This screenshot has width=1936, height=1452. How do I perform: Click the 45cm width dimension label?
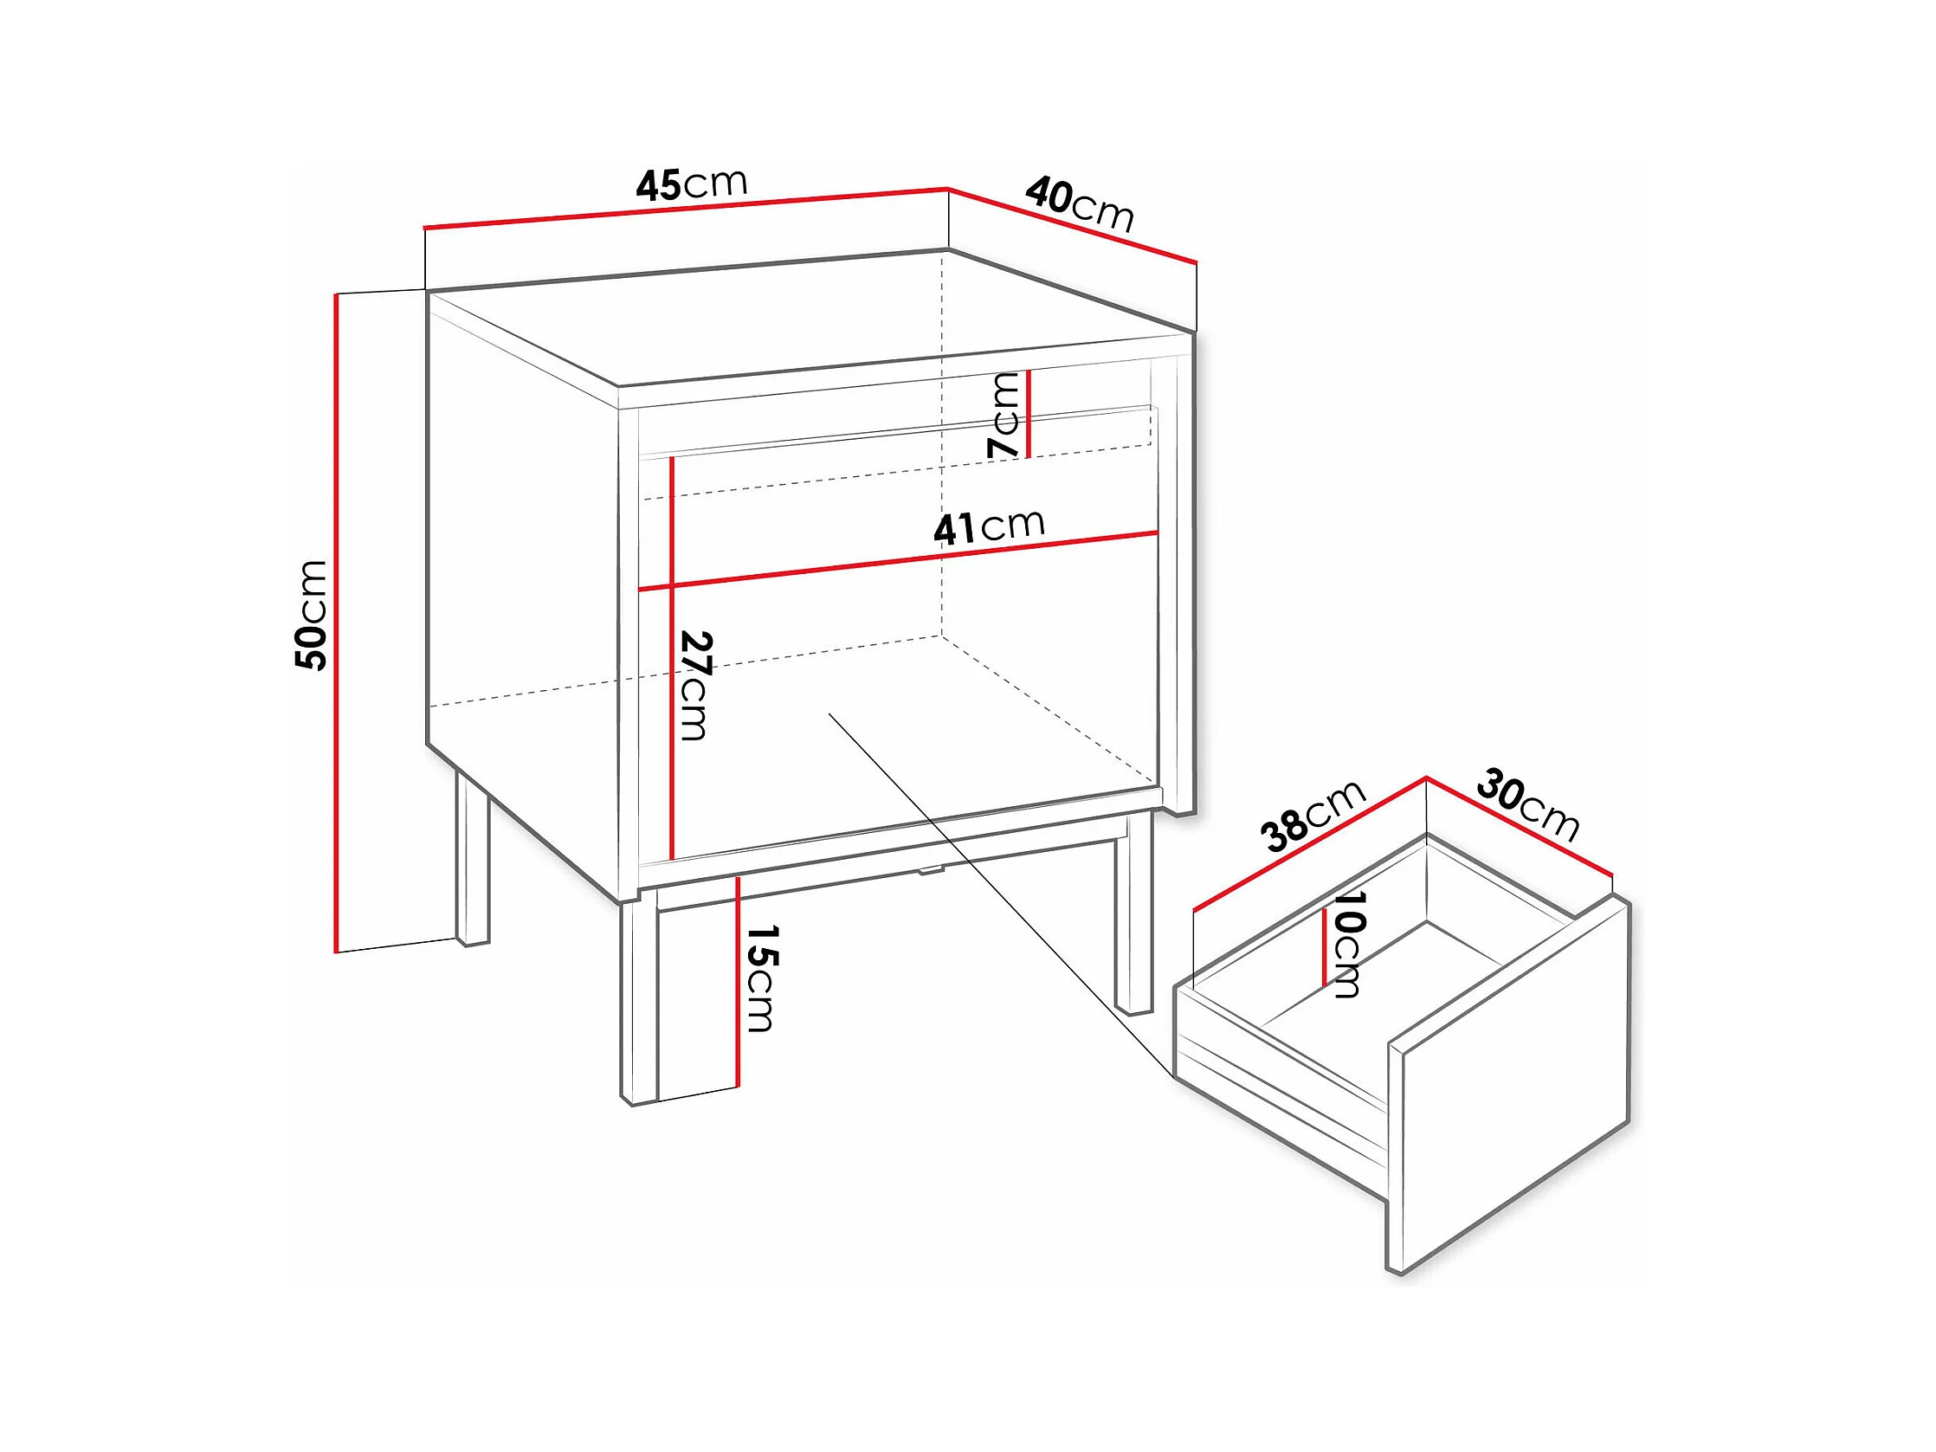(692, 184)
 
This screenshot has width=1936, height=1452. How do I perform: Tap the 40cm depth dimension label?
(1080, 204)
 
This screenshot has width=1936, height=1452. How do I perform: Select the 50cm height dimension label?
(311, 616)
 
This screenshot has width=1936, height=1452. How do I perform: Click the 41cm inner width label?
(989, 527)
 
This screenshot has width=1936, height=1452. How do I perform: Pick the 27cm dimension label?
(696, 685)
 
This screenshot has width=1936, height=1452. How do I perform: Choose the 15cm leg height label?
(760, 978)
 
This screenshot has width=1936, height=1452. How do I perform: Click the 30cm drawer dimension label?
(1528, 804)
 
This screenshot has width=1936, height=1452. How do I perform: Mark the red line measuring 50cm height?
(335, 623)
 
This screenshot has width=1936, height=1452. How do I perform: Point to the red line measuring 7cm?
(1029, 414)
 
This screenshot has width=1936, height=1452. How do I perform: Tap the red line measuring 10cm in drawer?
(1324, 946)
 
